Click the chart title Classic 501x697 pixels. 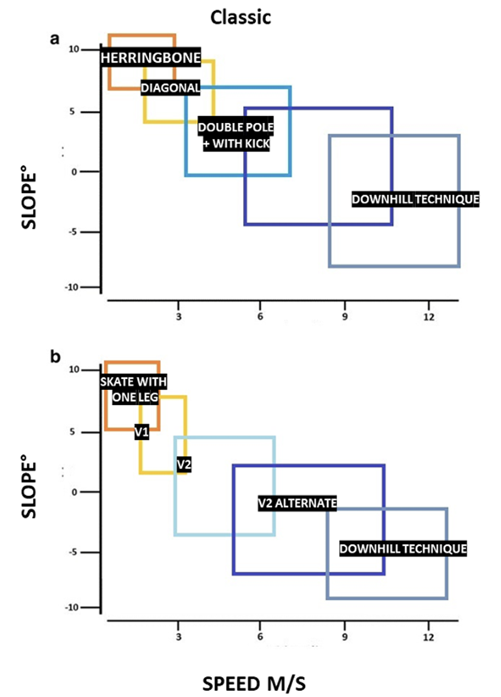click(x=240, y=18)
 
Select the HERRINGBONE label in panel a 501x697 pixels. click(x=150, y=58)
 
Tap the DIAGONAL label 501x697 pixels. click(x=170, y=88)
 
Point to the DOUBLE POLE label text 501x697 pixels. click(x=235, y=127)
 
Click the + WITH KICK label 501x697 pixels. click(x=236, y=144)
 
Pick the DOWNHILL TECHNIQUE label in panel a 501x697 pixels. click(x=415, y=199)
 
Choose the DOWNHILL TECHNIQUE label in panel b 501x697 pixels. click(x=403, y=549)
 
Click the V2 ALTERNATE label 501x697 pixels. click(x=297, y=503)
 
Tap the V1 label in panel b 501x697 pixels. click(x=142, y=432)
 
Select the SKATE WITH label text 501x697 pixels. click(x=133, y=382)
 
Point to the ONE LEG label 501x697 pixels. click(x=135, y=397)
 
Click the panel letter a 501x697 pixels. click(x=55, y=39)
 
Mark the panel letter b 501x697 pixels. click(x=55, y=357)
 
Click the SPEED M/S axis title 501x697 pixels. click(x=254, y=683)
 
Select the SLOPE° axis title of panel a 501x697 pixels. click(x=29, y=200)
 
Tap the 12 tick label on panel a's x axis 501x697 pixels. click(x=429, y=317)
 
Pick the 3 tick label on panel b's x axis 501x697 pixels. click(x=178, y=637)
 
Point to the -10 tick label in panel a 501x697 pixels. click(x=72, y=287)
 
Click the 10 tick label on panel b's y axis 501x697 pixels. click(x=74, y=369)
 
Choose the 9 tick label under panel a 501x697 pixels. click(x=345, y=317)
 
